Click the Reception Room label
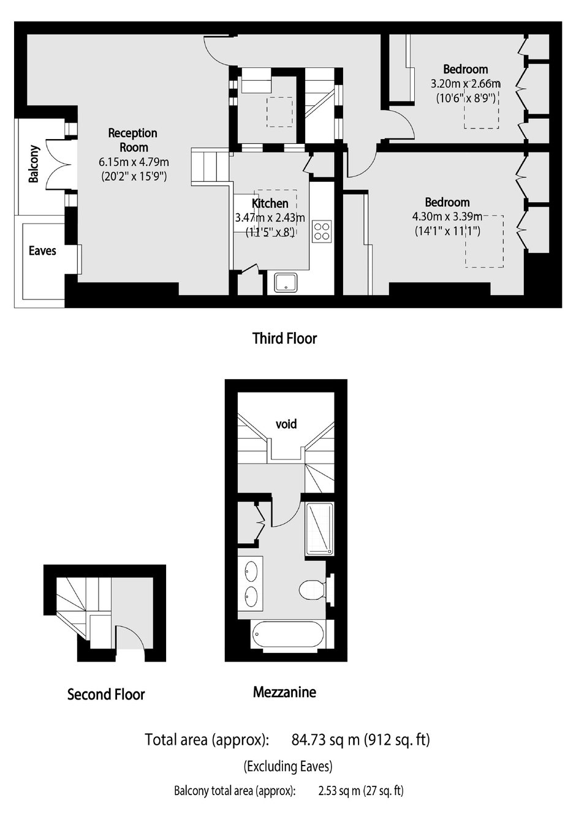click(133, 140)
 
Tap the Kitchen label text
click(270, 203)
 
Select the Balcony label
click(34, 164)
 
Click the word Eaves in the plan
click(42, 251)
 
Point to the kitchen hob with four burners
click(322, 231)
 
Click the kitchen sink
click(286, 282)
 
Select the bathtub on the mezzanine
click(287, 635)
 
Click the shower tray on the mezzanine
click(319, 529)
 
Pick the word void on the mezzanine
click(286, 424)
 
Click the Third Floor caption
click(285, 338)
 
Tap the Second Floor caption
click(106, 695)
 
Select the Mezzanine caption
click(284, 692)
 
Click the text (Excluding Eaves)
click(288, 766)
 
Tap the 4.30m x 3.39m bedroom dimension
click(447, 217)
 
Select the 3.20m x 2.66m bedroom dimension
click(466, 84)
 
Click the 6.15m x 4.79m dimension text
click(134, 162)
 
